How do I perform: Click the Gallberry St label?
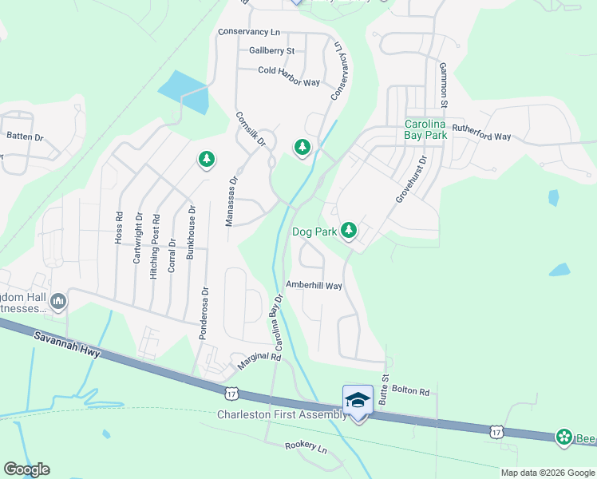(x=271, y=50)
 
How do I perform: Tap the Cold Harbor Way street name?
(x=289, y=71)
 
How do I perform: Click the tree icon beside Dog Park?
(x=349, y=232)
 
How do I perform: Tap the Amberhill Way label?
(x=314, y=285)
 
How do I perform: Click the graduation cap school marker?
(x=358, y=399)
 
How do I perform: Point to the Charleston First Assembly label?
(x=282, y=414)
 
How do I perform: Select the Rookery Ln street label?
(x=306, y=448)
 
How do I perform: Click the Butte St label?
(x=384, y=389)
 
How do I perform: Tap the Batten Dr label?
(x=25, y=137)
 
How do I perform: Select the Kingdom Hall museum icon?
(x=57, y=302)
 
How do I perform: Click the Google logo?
(x=27, y=469)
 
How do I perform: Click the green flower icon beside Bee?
(x=565, y=437)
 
